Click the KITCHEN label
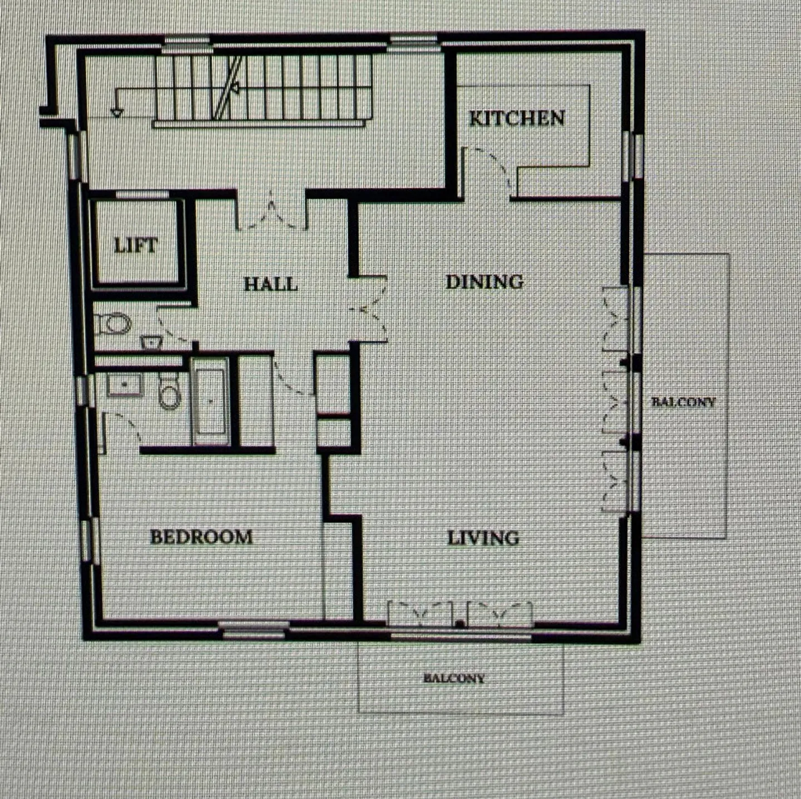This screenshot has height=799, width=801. click(517, 119)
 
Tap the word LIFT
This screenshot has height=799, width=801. click(136, 245)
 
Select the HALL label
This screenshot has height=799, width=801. click(271, 284)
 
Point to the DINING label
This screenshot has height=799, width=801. click(484, 282)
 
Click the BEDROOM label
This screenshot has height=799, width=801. click(201, 537)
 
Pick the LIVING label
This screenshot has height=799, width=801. click(483, 538)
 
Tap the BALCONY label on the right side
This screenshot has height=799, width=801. click(684, 402)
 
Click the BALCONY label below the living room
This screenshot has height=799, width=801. click(454, 678)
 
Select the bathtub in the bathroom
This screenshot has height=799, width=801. click(210, 401)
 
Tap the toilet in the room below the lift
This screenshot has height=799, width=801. click(113, 324)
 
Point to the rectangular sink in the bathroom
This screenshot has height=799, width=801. click(125, 384)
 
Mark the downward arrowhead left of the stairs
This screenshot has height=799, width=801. click(117, 112)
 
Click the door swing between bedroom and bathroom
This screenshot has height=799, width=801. click(122, 428)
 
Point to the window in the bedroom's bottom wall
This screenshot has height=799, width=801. click(253, 630)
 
